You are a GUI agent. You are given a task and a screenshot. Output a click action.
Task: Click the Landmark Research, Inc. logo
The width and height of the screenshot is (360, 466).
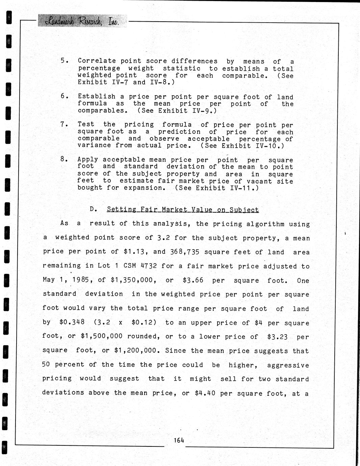pos(82,21)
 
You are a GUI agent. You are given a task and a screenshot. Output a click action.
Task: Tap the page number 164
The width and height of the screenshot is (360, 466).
pos(179,440)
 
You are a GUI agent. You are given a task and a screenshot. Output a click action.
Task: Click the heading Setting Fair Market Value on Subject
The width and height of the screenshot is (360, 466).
pos(183,209)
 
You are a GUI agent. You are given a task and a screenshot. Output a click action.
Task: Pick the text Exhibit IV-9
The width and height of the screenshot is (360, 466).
pos(185,111)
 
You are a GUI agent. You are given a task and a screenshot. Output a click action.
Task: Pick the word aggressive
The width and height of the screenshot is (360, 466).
pos(288,365)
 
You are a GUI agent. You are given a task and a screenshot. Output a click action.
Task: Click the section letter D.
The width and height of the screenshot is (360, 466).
pos(93,209)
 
